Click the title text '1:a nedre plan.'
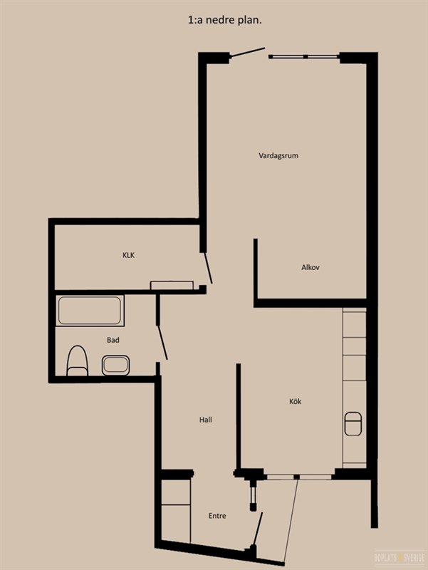(225, 21)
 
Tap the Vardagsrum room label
(278, 155)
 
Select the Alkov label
(310, 267)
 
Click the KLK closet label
(128, 255)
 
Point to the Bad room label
(113, 340)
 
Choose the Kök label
(295, 401)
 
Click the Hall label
(205, 420)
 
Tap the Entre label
(217, 516)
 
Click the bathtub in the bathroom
(90, 311)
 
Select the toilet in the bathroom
(78, 361)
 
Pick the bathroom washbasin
(115, 365)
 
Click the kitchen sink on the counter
(353, 423)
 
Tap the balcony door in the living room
(248, 53)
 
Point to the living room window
(305, 56)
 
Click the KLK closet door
(208, 268)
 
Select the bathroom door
(162, 343)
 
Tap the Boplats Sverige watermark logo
(399, 557)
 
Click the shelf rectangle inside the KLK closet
(172, 285)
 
